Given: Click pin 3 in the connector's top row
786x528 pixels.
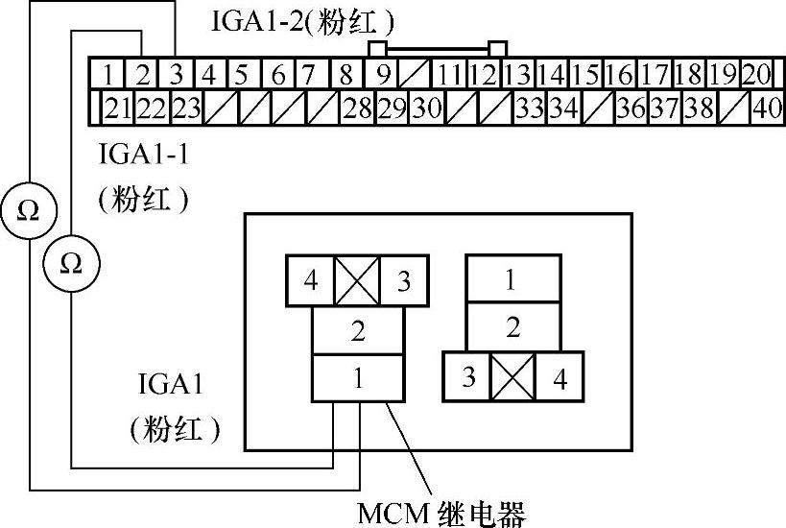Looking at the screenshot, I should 177,74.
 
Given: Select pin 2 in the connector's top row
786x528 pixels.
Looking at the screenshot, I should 142,74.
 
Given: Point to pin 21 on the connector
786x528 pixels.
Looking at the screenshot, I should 117,108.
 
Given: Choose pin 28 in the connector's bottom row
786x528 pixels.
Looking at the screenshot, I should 357,108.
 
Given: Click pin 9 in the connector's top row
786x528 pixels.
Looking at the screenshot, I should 382,74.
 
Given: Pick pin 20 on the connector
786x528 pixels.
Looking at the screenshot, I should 757,74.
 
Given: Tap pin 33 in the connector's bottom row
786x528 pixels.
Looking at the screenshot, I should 529,108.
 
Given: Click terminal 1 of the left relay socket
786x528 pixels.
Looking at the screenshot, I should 357,377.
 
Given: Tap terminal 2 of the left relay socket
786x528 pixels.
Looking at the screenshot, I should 357,331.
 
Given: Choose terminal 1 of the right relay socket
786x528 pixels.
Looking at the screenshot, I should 512,280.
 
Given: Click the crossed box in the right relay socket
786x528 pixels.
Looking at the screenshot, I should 512,376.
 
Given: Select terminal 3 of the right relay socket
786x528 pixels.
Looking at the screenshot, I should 468,376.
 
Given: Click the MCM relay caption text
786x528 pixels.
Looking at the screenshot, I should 442,514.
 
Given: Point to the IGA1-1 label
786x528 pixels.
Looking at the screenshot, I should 144,154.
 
